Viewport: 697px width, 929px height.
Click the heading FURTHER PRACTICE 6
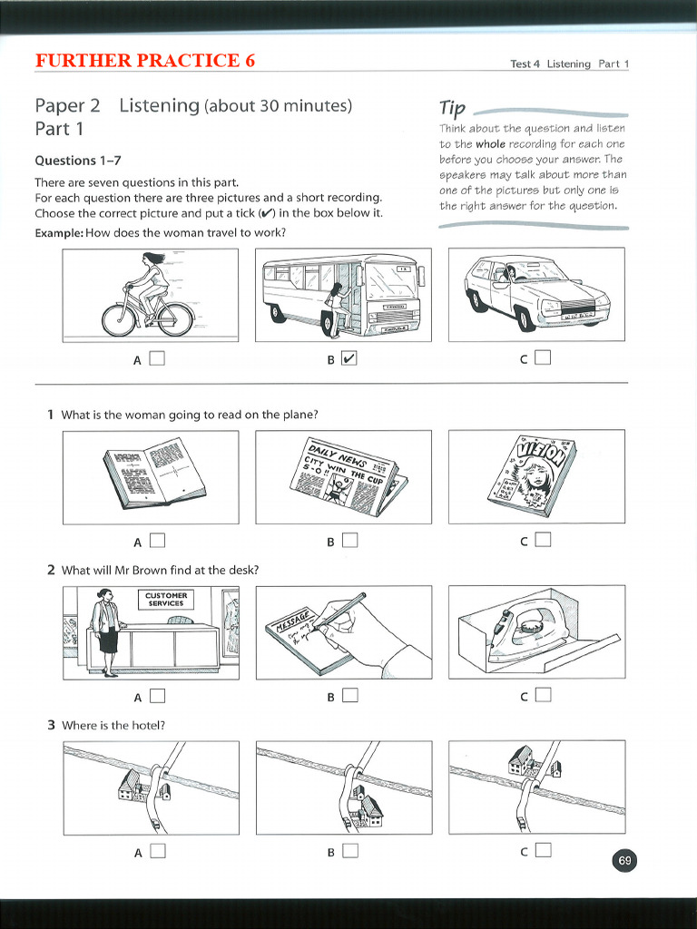(145, 61)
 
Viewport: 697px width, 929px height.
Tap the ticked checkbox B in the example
(349, 359)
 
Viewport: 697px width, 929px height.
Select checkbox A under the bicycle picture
(157, 358)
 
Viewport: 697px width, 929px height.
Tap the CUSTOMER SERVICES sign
(165, 599)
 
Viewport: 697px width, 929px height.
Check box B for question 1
(349, 542)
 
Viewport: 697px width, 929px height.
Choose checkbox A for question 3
(157, 851)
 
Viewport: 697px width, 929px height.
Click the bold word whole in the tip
(490, 144)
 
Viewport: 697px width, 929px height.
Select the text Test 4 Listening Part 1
(569, 64)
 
